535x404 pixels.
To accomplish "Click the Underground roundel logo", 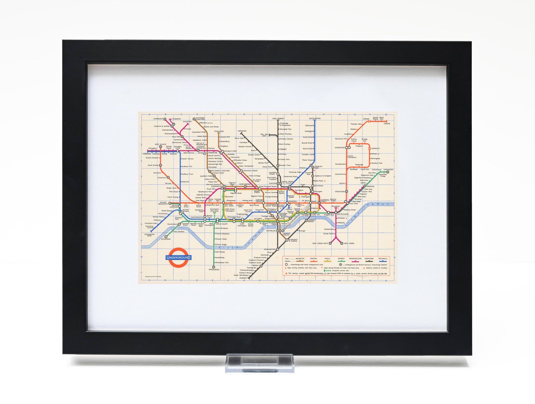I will coord(178,257).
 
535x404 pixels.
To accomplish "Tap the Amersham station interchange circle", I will coord(165,119).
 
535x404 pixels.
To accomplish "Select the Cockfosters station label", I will coord(314,118).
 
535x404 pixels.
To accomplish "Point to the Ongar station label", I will coord(387,124).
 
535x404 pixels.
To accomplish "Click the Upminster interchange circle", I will coord(388,172).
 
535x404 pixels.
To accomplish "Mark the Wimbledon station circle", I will coord(214,267).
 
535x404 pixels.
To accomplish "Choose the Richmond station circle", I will coord(166,237).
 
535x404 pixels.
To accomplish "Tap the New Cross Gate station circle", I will coord(330,243).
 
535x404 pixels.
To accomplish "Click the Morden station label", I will coord(243,278).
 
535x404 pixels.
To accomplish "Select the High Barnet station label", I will coord(278,118).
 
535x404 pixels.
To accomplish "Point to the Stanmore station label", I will coord(219,131).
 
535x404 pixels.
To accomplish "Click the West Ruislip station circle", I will coord(160,147).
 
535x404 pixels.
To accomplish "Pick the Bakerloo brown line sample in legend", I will coord(300,261).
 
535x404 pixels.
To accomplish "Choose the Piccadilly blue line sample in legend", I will coord(383,261).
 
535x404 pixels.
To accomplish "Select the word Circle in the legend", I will coord(327,258).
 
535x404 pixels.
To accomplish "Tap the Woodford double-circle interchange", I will coord(348,147).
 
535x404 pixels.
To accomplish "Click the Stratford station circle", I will coord(346,191).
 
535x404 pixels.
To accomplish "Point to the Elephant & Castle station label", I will coord(293,240).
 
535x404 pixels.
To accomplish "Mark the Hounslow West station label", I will coord(149,235).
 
